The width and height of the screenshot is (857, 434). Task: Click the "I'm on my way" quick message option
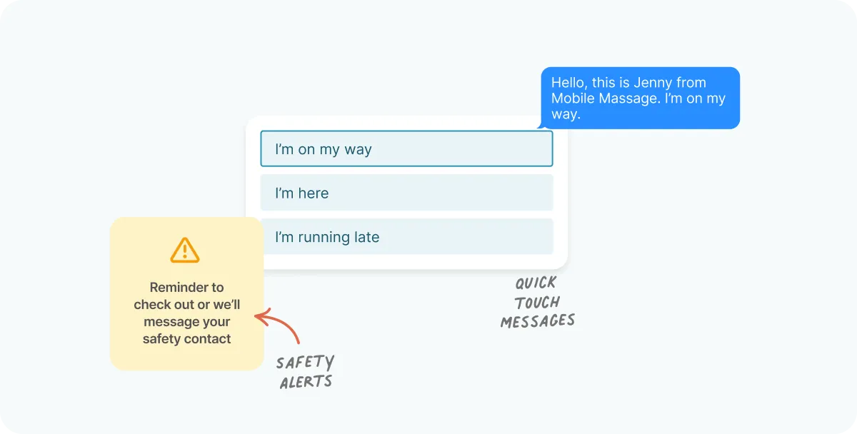pyautogui.click(x=406, y=148)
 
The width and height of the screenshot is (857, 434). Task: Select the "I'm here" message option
pyautogui.click(x=406, y=193)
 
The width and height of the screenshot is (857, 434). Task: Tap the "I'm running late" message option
pyautogui.click(x=406, y=237)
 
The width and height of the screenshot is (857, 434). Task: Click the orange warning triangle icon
pyautogui.click(x=185, y=250)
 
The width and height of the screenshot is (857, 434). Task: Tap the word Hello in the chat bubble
pyautogui.click(x=569, y=83)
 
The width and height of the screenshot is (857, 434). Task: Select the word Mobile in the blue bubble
pyautogui.click(x=573, y=99)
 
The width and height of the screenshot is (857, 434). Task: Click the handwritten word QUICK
pyautogui.click(x=536, y=283)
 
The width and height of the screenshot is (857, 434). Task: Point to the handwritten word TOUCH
pyautogui.click(x=537, y=303)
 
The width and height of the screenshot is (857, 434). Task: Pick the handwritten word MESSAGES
pyautogui.click(x=538, y=321)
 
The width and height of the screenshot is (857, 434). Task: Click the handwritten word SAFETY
pyautogui.click(x=305, y=363)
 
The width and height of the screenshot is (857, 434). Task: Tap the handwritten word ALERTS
pyautogui.click(x=306, y=382)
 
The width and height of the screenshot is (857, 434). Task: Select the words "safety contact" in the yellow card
pyautogui.click(x=186, y=339)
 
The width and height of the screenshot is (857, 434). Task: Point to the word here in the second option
pyautogui.click(x=314, y=193)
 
